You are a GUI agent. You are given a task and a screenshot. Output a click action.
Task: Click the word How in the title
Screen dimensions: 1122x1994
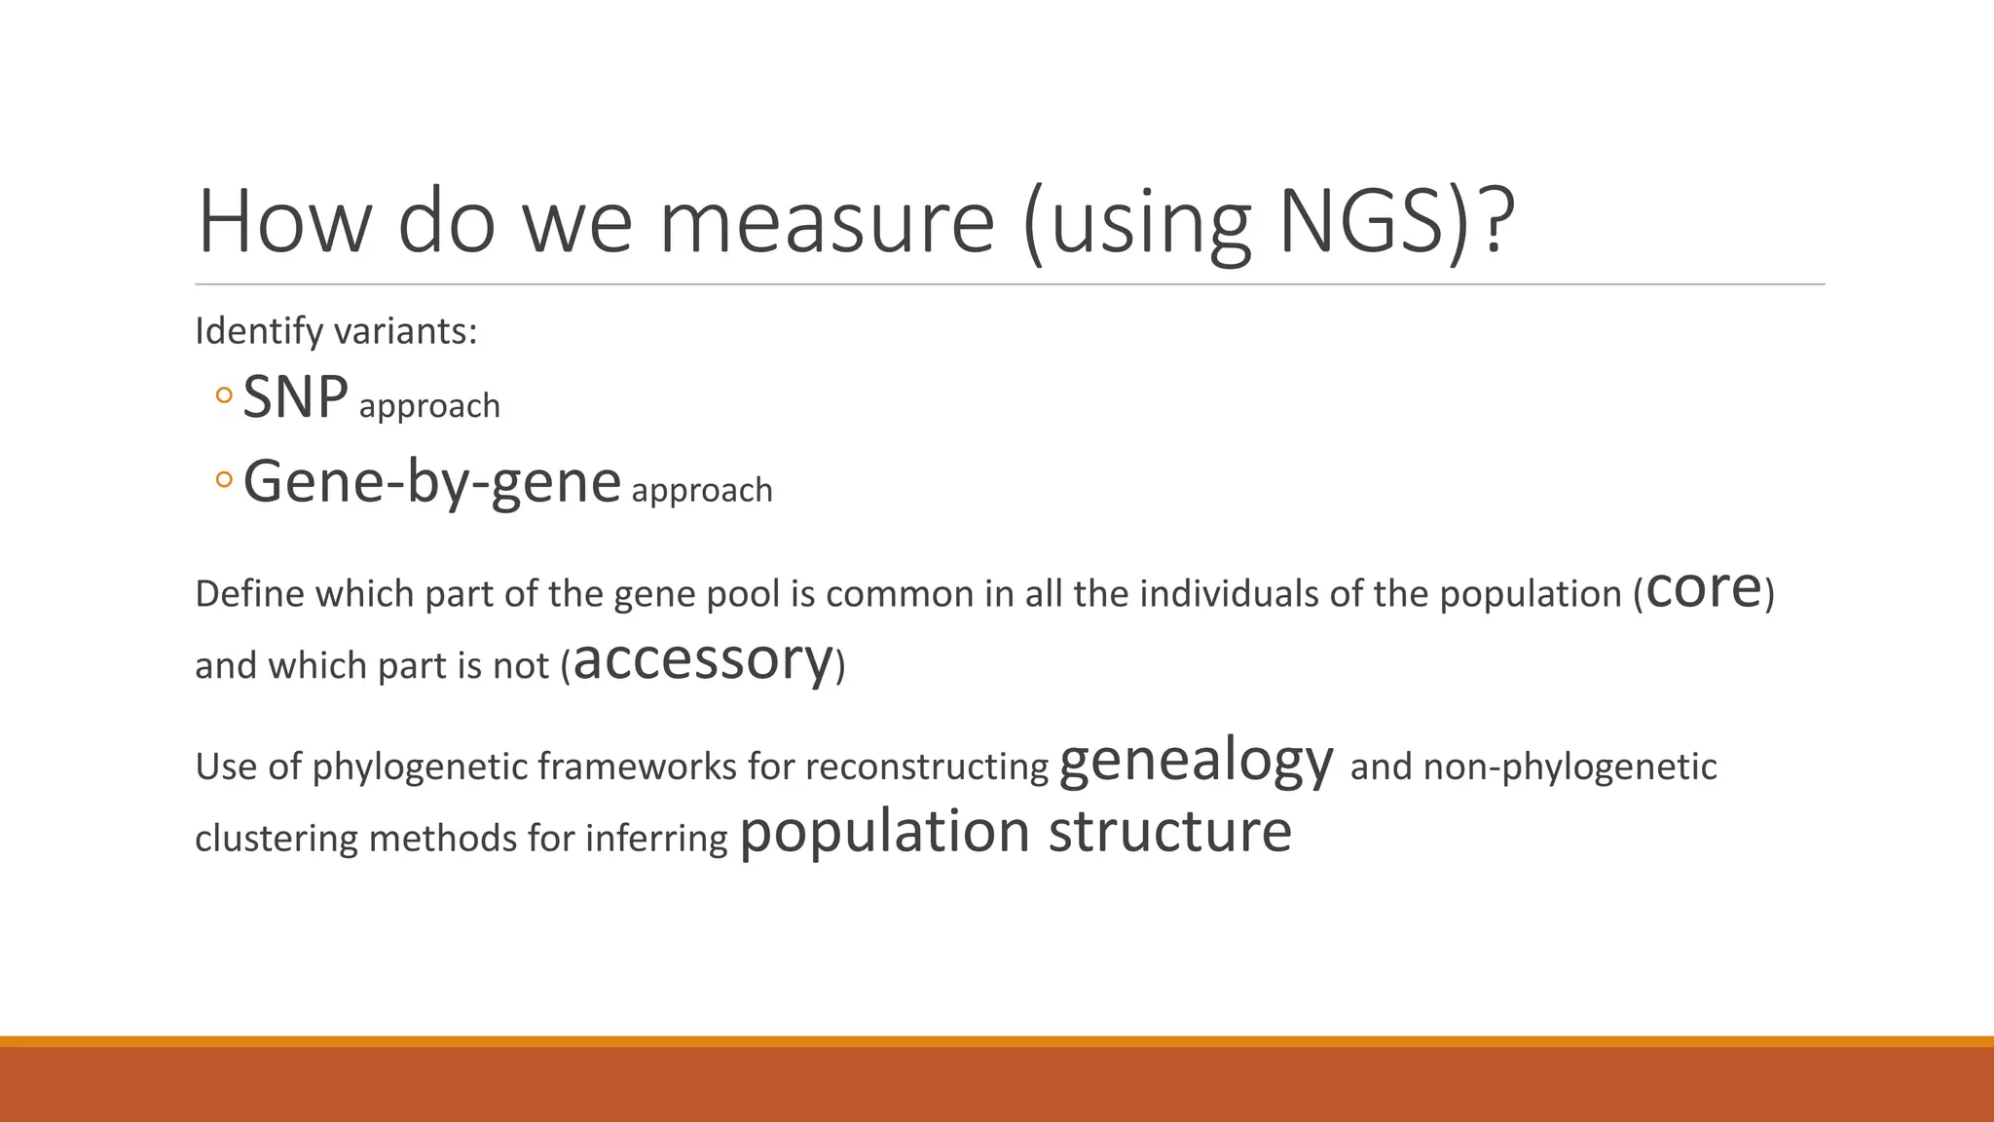click(283, 222)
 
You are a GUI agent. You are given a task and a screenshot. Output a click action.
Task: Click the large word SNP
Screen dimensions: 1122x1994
click(295, 397)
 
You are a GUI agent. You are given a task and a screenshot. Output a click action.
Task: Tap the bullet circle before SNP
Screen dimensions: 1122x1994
click(224, 395)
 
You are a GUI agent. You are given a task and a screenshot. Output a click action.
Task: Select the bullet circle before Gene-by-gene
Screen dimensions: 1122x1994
click(224, 479)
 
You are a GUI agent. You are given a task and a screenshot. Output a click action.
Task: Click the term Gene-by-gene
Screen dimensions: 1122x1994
click(431, 481)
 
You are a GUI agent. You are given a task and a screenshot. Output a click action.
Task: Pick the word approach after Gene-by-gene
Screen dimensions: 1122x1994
click(702, 490)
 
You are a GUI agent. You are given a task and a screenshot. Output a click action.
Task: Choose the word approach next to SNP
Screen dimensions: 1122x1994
click(429, 406)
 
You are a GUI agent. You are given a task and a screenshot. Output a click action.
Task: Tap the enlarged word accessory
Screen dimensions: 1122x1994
click(703, 659)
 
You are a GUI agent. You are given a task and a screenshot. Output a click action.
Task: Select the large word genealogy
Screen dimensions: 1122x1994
click(1196, 761)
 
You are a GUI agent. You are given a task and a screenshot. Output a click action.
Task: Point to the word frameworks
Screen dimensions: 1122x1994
click(637, 767)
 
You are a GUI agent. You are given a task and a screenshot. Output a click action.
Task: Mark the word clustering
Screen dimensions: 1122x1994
click(277, 839)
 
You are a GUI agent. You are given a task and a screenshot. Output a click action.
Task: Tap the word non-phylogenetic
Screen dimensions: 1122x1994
click(1569, 767)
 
